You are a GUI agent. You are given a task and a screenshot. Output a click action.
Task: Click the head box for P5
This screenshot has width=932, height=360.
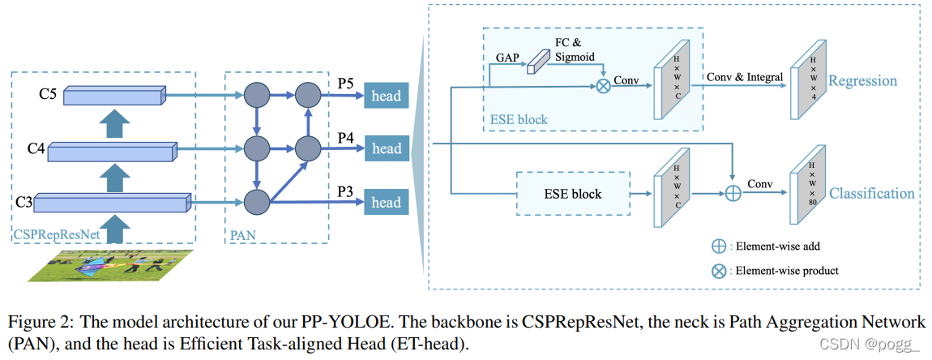(386, 96)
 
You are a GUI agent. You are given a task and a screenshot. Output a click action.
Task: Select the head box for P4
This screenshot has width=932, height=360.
(386, 148)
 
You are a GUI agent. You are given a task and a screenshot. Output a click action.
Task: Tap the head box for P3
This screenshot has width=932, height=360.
(386, 202)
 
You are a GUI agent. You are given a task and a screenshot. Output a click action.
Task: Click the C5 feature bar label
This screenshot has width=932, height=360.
(47, 96)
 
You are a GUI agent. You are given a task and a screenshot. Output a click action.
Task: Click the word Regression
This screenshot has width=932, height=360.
(863, 80)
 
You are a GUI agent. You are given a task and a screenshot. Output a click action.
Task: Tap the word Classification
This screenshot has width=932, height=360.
(871, 194)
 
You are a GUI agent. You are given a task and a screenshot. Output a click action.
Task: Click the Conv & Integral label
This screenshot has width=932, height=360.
(744, 77)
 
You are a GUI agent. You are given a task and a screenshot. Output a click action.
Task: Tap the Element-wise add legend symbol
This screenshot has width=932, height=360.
(718, 243)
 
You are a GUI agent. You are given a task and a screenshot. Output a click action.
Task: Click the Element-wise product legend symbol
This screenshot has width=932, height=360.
(718, 271)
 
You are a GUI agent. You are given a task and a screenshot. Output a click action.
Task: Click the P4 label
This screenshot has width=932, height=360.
(346, 137)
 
